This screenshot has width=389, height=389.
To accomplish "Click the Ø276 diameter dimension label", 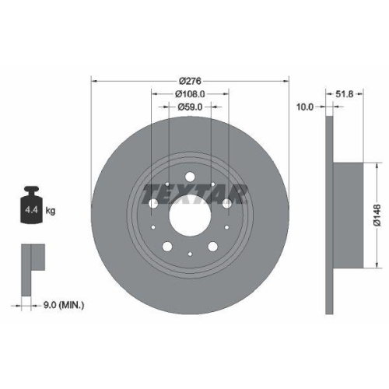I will click(190, 80).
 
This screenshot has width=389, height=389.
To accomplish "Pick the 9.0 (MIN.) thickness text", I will click(64, 306).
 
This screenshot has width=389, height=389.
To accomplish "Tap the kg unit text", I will click(51, 210).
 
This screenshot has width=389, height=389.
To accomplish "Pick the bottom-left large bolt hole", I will click(166, 247).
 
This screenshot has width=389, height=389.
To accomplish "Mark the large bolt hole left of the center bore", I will click(152, 203).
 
